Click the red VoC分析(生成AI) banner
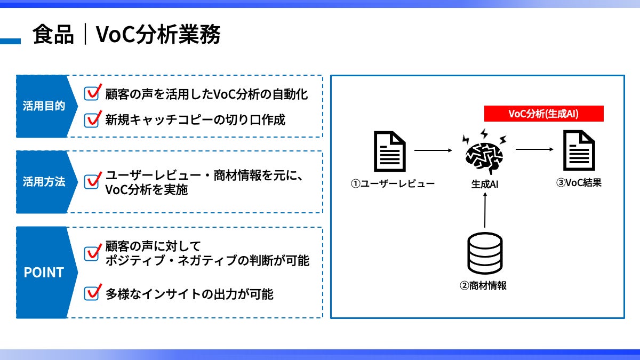(543, 114)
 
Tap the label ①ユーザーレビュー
(393, 184)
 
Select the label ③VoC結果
(579, 183)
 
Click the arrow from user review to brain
(433, 151)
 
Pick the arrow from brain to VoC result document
(534, 150)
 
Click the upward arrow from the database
(484, 211)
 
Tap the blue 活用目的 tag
(44, 106)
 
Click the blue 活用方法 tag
(44, 182)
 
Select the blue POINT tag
(44, 273)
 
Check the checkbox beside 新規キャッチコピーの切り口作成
(93, 119)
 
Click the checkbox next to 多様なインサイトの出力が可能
(93, 293)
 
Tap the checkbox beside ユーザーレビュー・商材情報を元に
(93, 181)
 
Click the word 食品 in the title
(53, 35)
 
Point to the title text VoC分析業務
(158, 35)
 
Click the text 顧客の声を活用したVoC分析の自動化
(206, 94)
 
